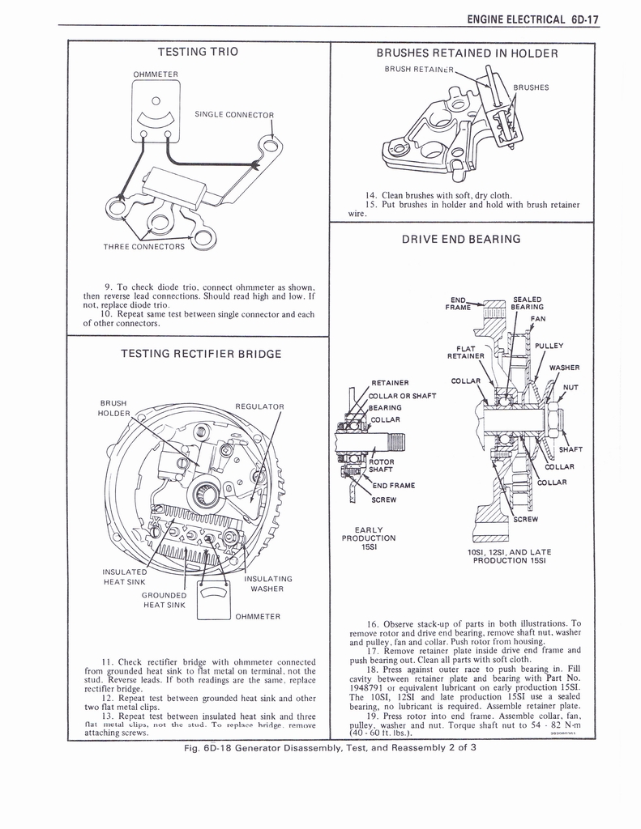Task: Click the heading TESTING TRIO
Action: tap(198, 52)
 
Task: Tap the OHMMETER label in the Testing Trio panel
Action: tap(156, 75)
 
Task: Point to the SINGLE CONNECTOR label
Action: tap(235, 114)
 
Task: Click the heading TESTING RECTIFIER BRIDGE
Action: tap(201, 354)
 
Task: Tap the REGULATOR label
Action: tap(259, 406)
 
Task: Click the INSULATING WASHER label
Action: tap(267, 583)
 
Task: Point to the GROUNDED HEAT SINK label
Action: tap(164, 600)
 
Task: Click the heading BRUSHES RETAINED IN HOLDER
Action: tap(468, 53)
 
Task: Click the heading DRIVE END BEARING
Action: tap(461, 239)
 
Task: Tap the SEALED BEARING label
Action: tap(528, 303)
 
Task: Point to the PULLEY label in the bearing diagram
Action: tap(549, 346)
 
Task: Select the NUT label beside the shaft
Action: tap(570, 387)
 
